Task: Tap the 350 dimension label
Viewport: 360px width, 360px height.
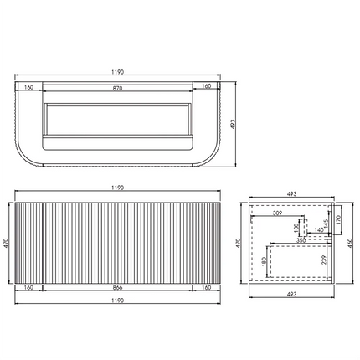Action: tap(300, 241)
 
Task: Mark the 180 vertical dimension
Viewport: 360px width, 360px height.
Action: tap(264, 262)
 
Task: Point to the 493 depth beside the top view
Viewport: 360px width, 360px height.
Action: tap(235, 121)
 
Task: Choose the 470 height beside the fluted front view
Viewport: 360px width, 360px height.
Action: tap(7, 241)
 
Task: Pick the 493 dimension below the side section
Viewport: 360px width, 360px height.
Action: tap(291, 295)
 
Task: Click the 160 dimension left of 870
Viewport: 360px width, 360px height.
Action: tap(28, 86)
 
